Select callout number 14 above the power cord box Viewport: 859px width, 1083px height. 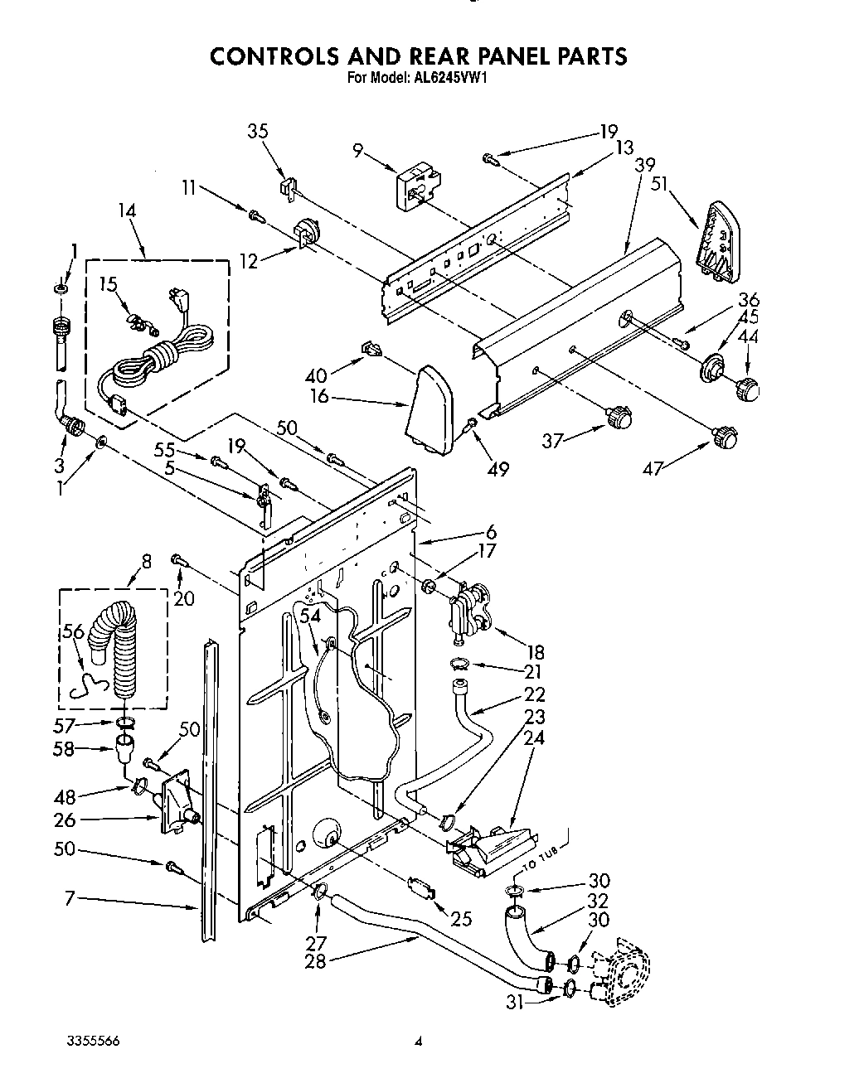coord(127,211)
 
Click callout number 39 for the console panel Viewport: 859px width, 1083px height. coord(645,165)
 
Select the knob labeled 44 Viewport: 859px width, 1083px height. coord(749,387)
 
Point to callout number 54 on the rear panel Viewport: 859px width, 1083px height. coord(309,616)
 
